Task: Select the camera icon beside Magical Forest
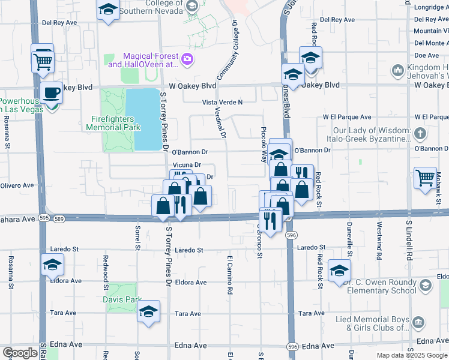point(187,59)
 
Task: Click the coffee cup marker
point(52,93)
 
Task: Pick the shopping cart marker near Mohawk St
point(425,177)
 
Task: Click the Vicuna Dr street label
point(186,164)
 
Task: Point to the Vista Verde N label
point(222,103)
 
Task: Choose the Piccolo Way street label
point(263,145)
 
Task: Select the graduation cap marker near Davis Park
point(148,311)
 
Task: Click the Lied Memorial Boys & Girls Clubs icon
point(417,324)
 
